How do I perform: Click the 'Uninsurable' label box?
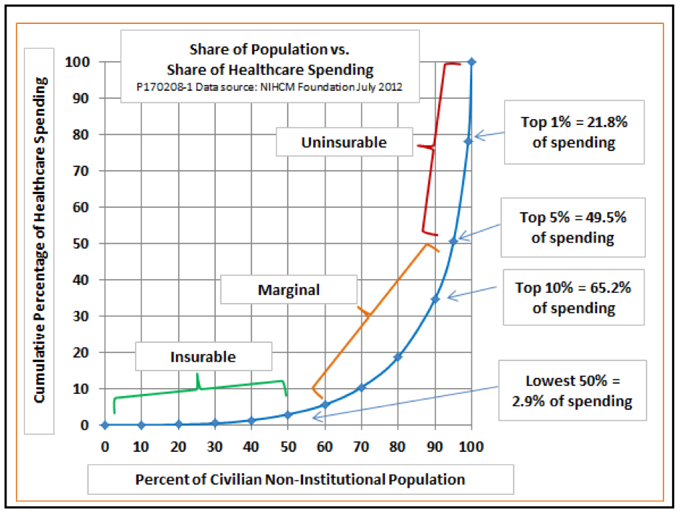point(344,143)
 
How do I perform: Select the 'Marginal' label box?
point(288,290)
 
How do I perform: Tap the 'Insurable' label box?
point(203,357)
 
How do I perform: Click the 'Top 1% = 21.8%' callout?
point(573,132)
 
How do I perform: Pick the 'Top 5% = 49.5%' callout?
point(573,227)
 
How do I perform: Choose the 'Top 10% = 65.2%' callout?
point(573,298)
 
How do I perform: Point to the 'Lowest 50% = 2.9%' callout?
point(573,391)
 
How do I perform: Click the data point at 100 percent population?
point(471,62)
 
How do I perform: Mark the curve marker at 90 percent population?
point(435,299)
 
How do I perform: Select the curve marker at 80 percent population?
point(398,357)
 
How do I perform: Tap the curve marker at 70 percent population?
point(361,387)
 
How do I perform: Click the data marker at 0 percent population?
point(105,425)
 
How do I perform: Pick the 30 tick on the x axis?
point(214,445)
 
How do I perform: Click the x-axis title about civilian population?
point(300,480)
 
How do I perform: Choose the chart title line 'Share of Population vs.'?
point(270,50)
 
